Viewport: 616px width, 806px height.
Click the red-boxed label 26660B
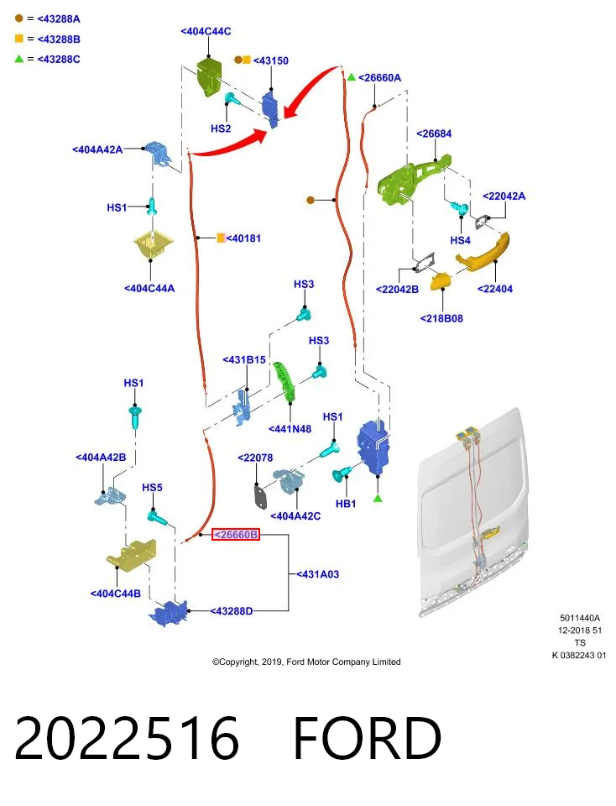pyautogui.click(x=236, y=535)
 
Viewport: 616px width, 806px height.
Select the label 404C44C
pyautogui.click(x=206, y=31)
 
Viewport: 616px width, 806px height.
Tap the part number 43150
pyautogui.click(x=271, y=60)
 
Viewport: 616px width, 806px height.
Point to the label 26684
pyautogui.click(x=434, y=133)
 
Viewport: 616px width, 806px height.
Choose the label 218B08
pyautogui.click(x=441, y=319)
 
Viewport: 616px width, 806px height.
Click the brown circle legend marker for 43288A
pyautogui.click(x=19, y=18)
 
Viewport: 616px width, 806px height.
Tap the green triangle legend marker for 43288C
pyautogui.click(x=19, y=59)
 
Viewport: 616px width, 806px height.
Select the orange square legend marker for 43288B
pyautogui.click(x=19, y=39)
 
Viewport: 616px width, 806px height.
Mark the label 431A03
pyautogui.click(x=317, y=574)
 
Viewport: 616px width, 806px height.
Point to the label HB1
pyautogui.click(x=346, y=504)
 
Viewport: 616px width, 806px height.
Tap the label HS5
pyautogui.click(x=152, y=487)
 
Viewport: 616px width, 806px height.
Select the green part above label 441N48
pyautogui.click(x=285, y=381)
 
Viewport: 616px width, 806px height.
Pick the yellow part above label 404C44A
pyautogui.click(x=153, y=246)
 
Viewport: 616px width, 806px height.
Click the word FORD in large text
pyautogui.click(x=367, y=739)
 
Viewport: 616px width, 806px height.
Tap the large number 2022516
pyautogui.click(x=127, y=739)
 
